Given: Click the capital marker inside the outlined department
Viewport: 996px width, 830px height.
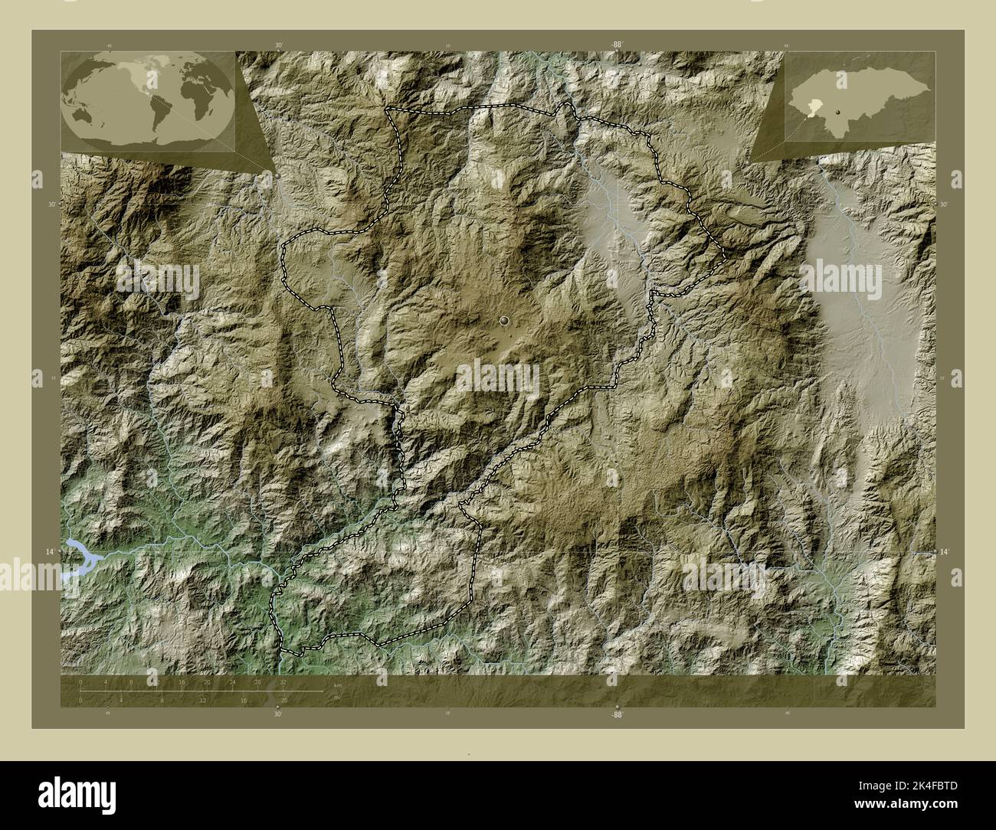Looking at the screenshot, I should click(504, 320).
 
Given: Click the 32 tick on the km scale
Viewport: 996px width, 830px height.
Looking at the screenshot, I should click(283, 681).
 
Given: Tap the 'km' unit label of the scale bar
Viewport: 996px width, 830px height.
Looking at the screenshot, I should click(337, 685).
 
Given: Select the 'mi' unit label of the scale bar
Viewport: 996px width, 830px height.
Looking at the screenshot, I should click(337, 697).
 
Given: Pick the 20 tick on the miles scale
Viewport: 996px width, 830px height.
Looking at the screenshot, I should click(284, 700).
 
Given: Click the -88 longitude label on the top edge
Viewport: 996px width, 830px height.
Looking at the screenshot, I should click(616, 45).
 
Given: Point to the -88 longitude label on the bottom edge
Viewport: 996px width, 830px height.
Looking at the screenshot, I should click(616, 714).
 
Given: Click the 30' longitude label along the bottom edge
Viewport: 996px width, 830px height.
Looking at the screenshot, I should click(277, 714).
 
